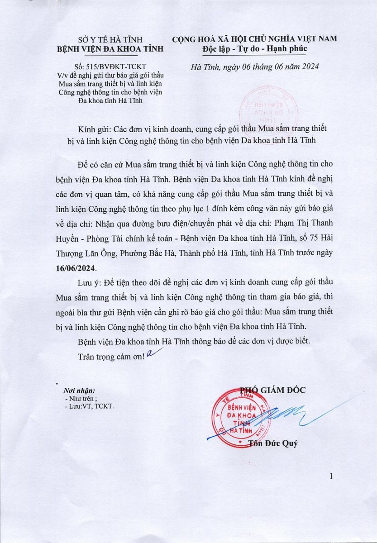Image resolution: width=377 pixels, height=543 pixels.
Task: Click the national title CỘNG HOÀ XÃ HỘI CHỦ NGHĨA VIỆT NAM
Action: click(254, 39)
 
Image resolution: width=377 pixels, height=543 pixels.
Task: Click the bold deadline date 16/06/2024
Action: click(75, 268)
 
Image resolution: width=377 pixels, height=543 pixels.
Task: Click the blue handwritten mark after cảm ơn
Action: click(151, 354)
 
